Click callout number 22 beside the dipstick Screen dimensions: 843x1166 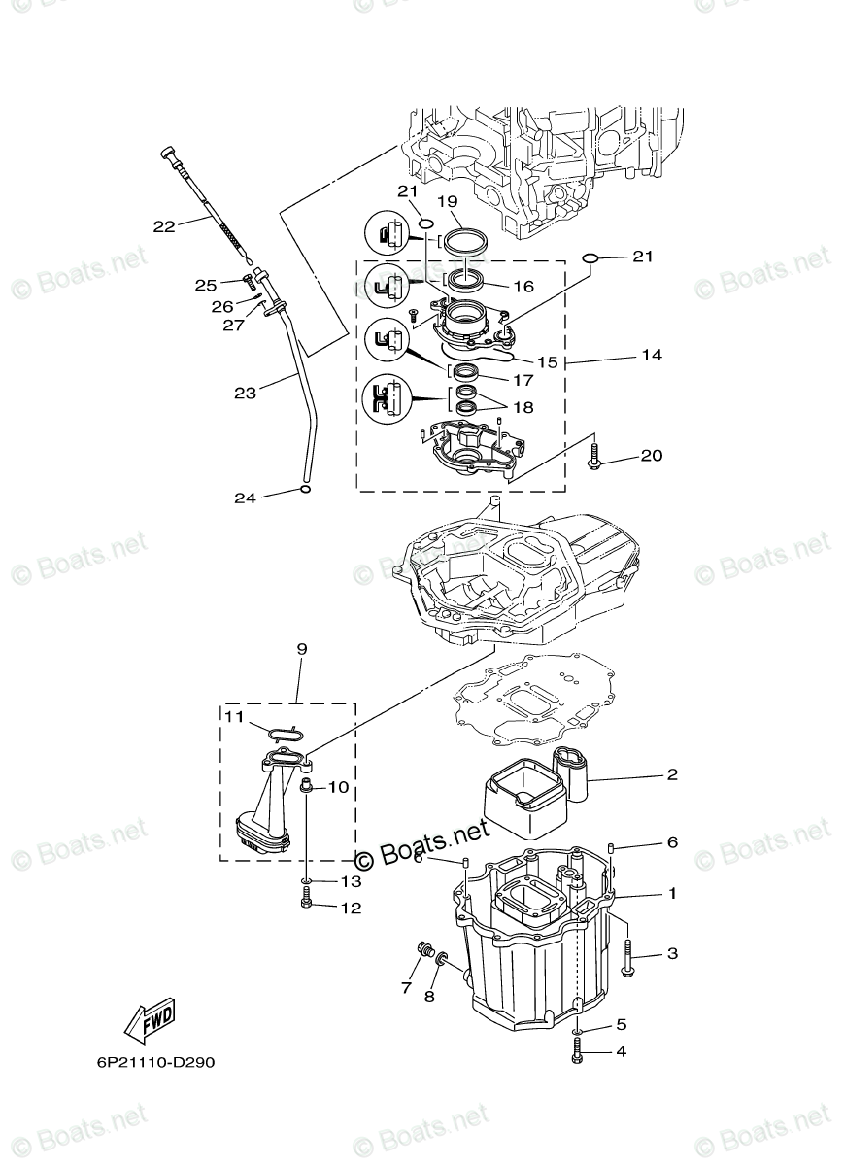pos(164,225)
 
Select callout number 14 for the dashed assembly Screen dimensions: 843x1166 pos(651,356)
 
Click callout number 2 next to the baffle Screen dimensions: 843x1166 pos(672,775)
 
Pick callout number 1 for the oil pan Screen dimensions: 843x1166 pos(672,892)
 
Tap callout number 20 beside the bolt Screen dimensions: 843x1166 pos(651,455)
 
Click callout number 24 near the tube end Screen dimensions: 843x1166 pos(245,497)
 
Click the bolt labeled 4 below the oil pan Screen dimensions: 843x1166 pos(579,1050)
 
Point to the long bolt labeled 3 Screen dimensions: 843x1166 pos(626,956)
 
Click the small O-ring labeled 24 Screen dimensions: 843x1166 pos(305,490)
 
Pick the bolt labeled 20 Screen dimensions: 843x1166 pos(596,459)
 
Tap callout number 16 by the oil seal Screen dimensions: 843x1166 pos(524,287)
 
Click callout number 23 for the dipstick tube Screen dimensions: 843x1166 pos(245,394)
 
